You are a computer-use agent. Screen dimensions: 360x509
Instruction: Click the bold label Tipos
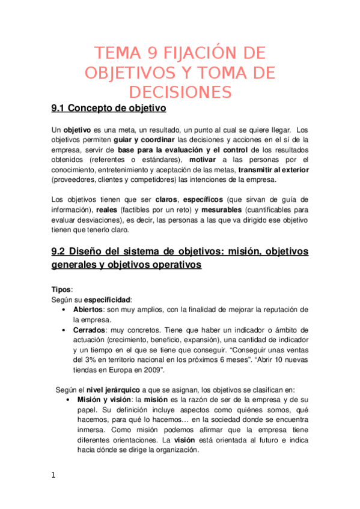click(x=61, y=289)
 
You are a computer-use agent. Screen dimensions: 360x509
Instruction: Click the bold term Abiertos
click(x=88, y=309)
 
